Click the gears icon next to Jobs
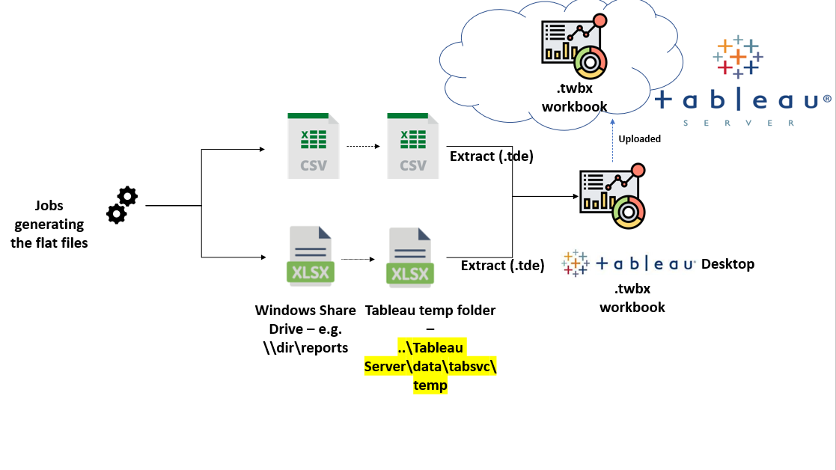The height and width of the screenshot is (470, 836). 122,205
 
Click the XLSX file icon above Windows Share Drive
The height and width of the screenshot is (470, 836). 309,256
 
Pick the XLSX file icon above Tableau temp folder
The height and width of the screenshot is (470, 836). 409,256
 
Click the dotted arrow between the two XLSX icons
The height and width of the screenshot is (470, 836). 358,260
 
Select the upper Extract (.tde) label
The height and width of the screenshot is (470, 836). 491,156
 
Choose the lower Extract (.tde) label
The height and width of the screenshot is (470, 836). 502,265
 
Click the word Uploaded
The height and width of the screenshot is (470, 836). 639,138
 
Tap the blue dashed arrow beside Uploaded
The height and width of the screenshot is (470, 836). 612,138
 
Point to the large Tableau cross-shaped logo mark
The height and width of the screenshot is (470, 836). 737,56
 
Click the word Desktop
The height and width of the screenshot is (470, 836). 727,263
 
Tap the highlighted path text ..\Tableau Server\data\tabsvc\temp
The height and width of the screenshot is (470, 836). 430,367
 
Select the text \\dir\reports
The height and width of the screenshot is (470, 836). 305,347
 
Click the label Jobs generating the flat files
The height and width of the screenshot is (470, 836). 49,223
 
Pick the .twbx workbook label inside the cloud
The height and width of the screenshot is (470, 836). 574,97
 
